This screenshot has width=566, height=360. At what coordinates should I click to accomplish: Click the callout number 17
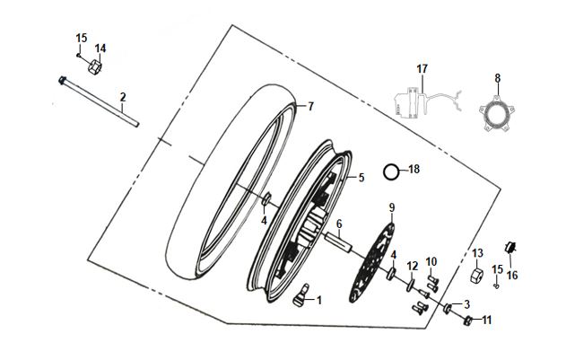(x=422, y=68)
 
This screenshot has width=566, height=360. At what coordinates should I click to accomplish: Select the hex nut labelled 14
(x=94, y=66)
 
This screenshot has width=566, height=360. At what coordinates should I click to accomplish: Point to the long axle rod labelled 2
(x=99, y=101)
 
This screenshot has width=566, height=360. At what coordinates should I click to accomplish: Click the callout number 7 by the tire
(x=310, y=107)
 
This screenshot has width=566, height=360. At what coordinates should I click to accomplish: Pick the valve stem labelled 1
(x=301, y=295)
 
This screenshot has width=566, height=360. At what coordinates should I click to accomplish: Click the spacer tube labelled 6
(x=338, y=241)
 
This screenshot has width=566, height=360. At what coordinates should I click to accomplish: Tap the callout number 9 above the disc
(x=392, y=207)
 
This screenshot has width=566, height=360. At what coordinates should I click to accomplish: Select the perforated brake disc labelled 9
(x=371, y=263)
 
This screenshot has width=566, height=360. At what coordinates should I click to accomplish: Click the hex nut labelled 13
(x=477, y=276)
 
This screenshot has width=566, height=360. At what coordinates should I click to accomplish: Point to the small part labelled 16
(x=509, y=248)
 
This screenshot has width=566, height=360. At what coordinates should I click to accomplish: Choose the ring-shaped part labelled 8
(x=497, y=113)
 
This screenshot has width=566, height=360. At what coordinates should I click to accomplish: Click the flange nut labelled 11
(x=467, y=320)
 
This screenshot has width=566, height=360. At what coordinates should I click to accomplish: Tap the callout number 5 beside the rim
(x=361, y=178)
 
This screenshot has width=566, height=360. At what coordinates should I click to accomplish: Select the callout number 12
(x=413, y=267)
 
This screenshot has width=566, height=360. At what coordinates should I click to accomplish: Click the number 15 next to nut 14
(x=82, y=38)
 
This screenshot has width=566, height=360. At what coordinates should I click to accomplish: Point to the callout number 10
(x=431, y=261)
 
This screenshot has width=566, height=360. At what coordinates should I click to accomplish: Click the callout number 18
(x=414, y=169)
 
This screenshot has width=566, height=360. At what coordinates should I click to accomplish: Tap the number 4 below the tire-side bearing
(x=264, y=221)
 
